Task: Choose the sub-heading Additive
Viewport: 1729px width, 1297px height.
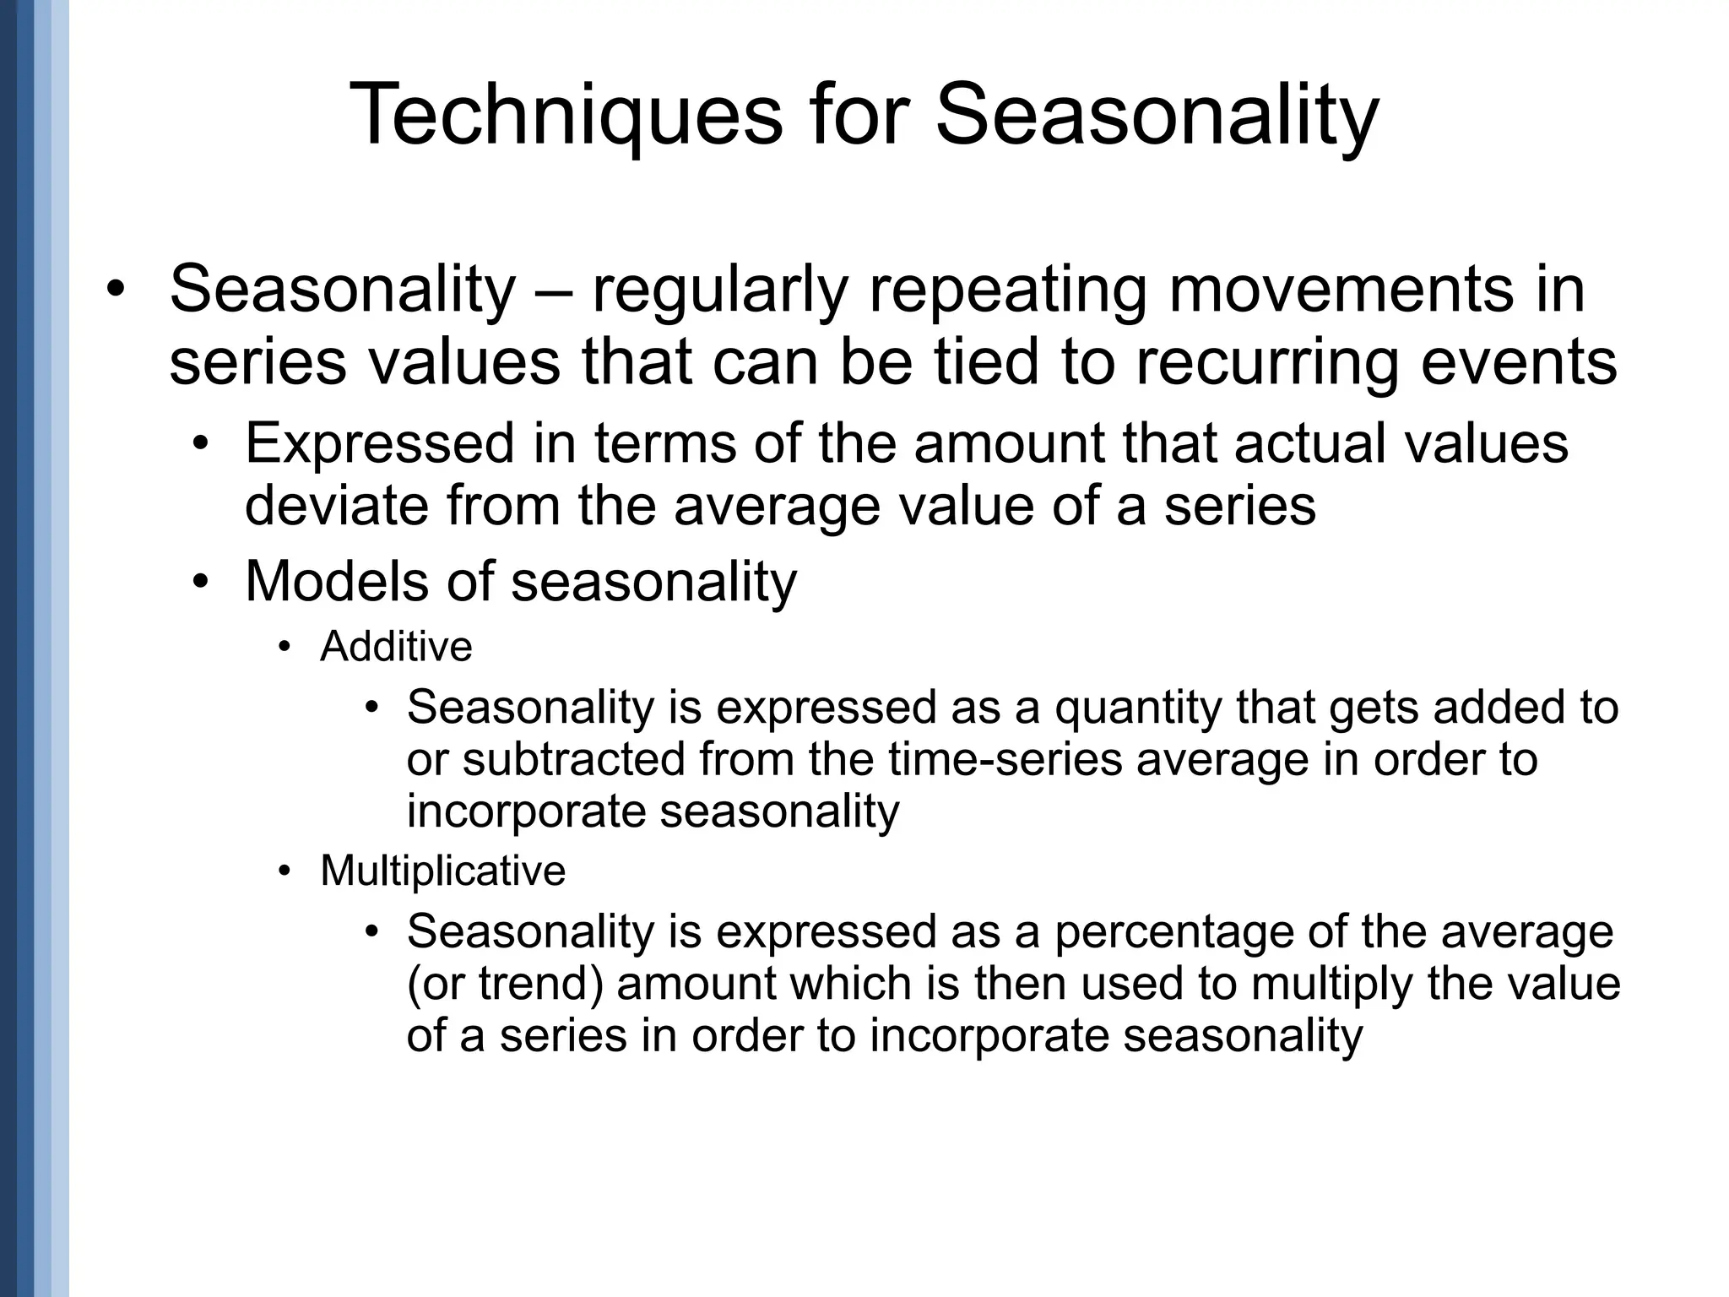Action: point(396,648)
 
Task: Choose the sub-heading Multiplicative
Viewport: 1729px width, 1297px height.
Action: point(442,871)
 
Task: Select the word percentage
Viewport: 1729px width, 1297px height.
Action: point(1173,931)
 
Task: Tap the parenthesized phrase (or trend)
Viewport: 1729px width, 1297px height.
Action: point(505,984)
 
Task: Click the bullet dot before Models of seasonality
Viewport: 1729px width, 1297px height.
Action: point(199,582)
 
